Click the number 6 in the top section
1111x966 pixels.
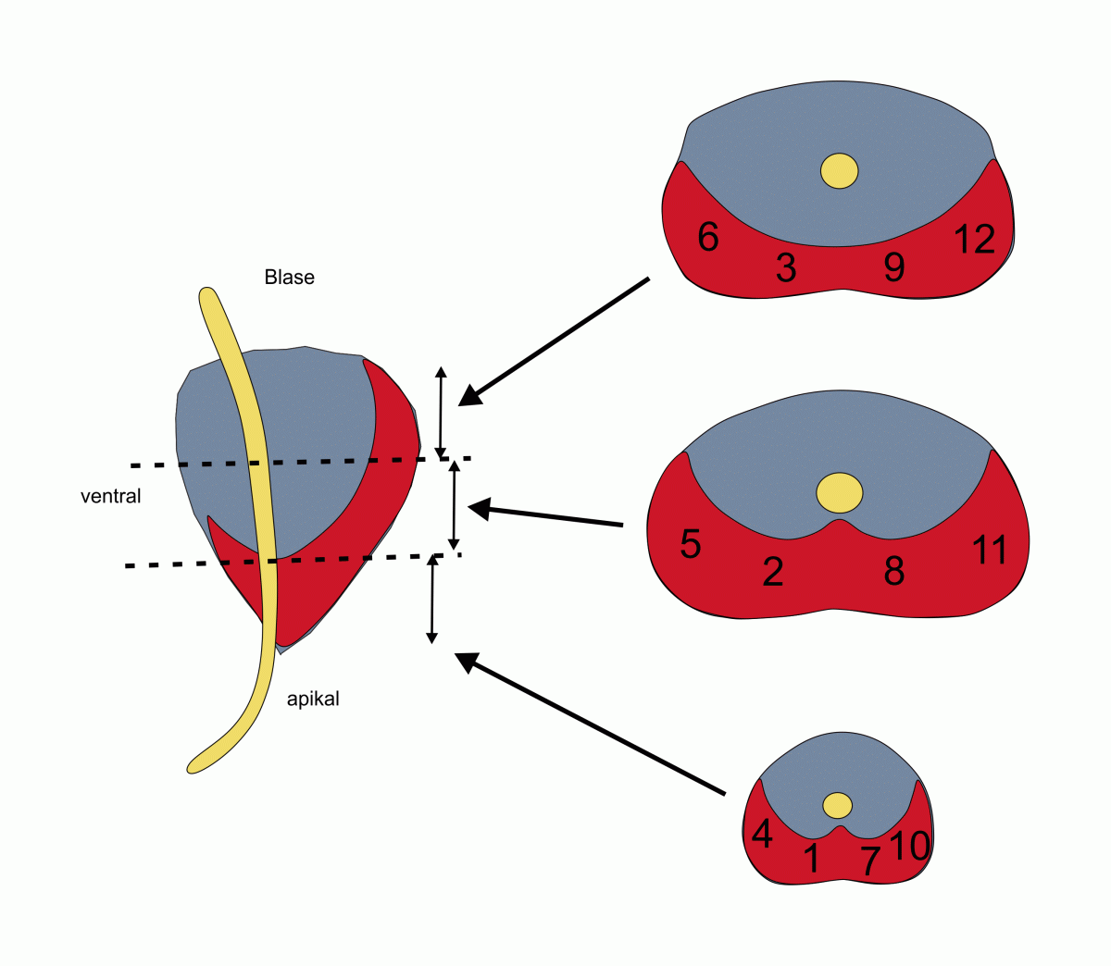[708, 238]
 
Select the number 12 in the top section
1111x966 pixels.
[974, 240]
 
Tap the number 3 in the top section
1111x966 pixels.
[786, 268]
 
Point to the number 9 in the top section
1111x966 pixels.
[893, 267]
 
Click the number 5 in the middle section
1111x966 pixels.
[691, 544]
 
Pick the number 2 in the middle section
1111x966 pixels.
[773, 573]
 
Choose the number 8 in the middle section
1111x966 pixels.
[893, 572]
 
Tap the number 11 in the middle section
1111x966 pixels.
[990, 551]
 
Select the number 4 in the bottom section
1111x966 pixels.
[762, 835]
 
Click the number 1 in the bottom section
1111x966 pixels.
[812, 859]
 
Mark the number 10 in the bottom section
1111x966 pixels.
[909, 845]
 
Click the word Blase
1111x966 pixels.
[289, 278]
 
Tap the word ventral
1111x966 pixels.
[111, 497]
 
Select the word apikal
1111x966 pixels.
[313, 700]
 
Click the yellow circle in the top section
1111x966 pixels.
[840, 171]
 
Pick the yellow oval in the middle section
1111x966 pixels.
[840, 492]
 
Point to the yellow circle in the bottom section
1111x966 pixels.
[838, 805]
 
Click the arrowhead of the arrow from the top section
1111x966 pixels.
[471, 396]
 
